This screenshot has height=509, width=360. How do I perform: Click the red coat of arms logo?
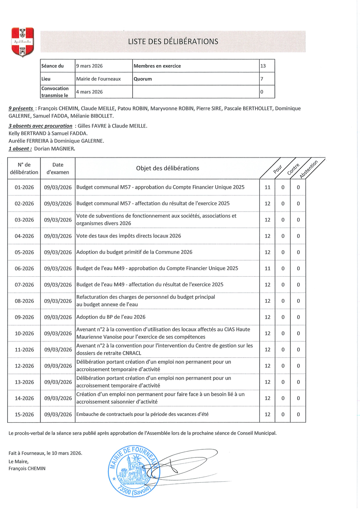[22, 42]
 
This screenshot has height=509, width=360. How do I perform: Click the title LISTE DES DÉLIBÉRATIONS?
[173, 42]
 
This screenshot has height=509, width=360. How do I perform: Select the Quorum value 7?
[262, 79]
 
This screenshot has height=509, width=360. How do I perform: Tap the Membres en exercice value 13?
[263, 66]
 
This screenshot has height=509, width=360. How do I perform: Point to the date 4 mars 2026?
[89, 92]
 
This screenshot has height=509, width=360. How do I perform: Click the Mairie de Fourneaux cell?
[98, 79]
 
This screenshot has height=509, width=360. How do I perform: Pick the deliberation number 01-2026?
[24, 187]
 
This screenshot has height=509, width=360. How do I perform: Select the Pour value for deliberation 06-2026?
[267, 269]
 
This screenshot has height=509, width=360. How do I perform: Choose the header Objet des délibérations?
[167, 168]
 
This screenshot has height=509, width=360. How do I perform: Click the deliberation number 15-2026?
[24, 415]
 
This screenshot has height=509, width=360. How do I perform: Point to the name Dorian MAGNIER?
[54, 149]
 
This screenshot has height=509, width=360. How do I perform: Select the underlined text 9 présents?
[21, 108]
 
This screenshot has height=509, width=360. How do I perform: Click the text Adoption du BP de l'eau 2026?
[111, 317]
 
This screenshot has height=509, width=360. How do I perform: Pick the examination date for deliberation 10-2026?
[58, 333]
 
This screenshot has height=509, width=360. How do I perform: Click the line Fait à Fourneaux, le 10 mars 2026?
[45, 453]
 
